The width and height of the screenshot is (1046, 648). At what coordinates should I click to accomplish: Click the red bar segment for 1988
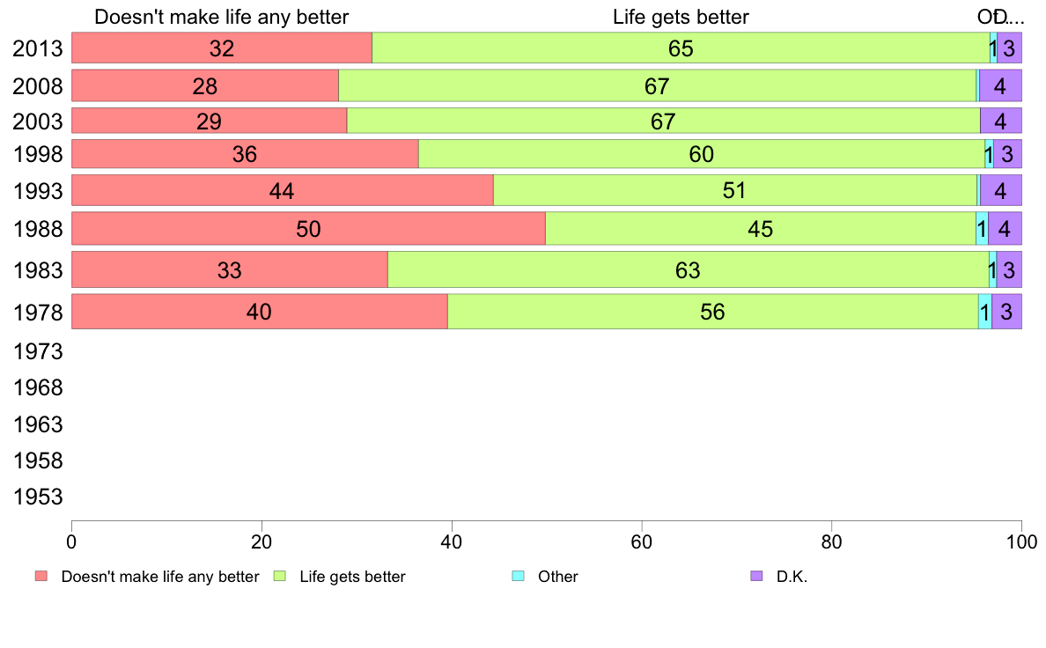click(308, 229)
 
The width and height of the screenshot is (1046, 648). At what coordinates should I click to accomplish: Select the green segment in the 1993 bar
click(734, 190)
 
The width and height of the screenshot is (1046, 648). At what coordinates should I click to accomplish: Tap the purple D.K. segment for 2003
click(1000, 121)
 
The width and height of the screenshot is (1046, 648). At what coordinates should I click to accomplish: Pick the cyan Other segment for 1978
click(984, 312)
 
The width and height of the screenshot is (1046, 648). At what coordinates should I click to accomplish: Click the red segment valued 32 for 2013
click(222, 48)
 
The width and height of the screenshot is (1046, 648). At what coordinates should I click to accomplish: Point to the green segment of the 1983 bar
click(688, 269)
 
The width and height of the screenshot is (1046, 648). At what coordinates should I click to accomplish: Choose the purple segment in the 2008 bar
click(1000, 86)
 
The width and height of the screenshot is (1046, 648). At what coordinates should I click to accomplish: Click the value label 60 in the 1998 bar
click(702, 155)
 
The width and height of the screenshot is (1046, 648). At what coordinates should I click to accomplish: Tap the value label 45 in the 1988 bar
click(760, 229)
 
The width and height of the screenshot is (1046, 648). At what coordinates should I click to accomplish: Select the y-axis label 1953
click(38, 497)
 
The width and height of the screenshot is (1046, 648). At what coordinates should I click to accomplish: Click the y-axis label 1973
click(38, 352)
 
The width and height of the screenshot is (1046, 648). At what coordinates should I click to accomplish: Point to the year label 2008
click(38, 86)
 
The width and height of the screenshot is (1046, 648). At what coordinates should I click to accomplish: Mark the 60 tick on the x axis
click(642, 539)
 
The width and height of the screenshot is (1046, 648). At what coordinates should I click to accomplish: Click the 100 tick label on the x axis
click(1021, 539)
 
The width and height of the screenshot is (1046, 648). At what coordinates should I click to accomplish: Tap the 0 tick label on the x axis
click(71, 539)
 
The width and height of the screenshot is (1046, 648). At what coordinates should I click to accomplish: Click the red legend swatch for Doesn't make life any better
click(41, 576)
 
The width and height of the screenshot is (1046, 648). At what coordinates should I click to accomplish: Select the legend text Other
click(558, 577)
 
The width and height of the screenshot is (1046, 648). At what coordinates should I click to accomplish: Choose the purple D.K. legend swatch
click(755, 576)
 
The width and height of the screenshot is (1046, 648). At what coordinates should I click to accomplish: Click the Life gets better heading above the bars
click(681, 17)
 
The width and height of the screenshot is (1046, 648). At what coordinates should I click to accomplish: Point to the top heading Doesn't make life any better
click(221, 17)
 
